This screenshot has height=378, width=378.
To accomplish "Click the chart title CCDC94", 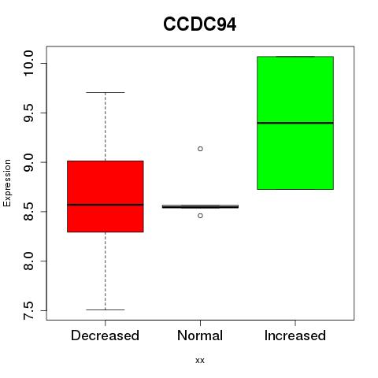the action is pyautogui.click(x=199, y=24).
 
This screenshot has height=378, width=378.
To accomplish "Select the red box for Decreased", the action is pyautogui.click(x=106, y=196).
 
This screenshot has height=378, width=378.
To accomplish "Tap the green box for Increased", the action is pyautogui.click(x=295, y=123).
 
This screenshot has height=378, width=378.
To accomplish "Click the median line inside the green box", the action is pyautogui.click(x=295, y=123).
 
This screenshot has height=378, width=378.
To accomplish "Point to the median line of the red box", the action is pyautogui.click(x=106, y=205).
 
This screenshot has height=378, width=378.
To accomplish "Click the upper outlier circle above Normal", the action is pyautogui.click(x=200, y=149).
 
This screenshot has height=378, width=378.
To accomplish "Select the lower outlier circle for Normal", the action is pyautogui.click(x=200, y=216).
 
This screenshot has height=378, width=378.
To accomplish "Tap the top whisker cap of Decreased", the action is pyautogui.click(x=106, y=92).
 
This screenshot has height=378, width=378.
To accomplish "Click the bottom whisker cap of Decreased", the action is pyautogui.click(x=106, y=309).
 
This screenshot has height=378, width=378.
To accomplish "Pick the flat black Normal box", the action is pyautogui.click(x=200, y=206).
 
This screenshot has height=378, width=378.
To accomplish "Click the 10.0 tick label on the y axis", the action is pyautogui.click(x=28, y=63).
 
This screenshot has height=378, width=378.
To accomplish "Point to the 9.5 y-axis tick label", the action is pyautogui.click(x=28, y=113).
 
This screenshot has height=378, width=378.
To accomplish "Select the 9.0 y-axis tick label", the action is pyautogui.click(x=28, y=162).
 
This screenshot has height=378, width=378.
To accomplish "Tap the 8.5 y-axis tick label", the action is pyautogui.click(x=28, y=212).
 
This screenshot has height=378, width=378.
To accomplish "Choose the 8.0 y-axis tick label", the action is pyautogui.click(x=28, y=261).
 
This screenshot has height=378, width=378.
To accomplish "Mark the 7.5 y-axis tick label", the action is pyautogui.click(x=28, y=310).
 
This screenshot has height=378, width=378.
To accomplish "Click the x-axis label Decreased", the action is pyautogui.click(x=105, y=335).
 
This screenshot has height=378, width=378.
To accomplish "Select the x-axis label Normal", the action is pyautogui.click(x=200, y=335).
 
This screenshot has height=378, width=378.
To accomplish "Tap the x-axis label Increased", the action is pyautogui.click(x=295, y=335).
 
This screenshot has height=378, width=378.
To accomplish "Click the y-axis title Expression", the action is pyautogui.click(x=7, y=183).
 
